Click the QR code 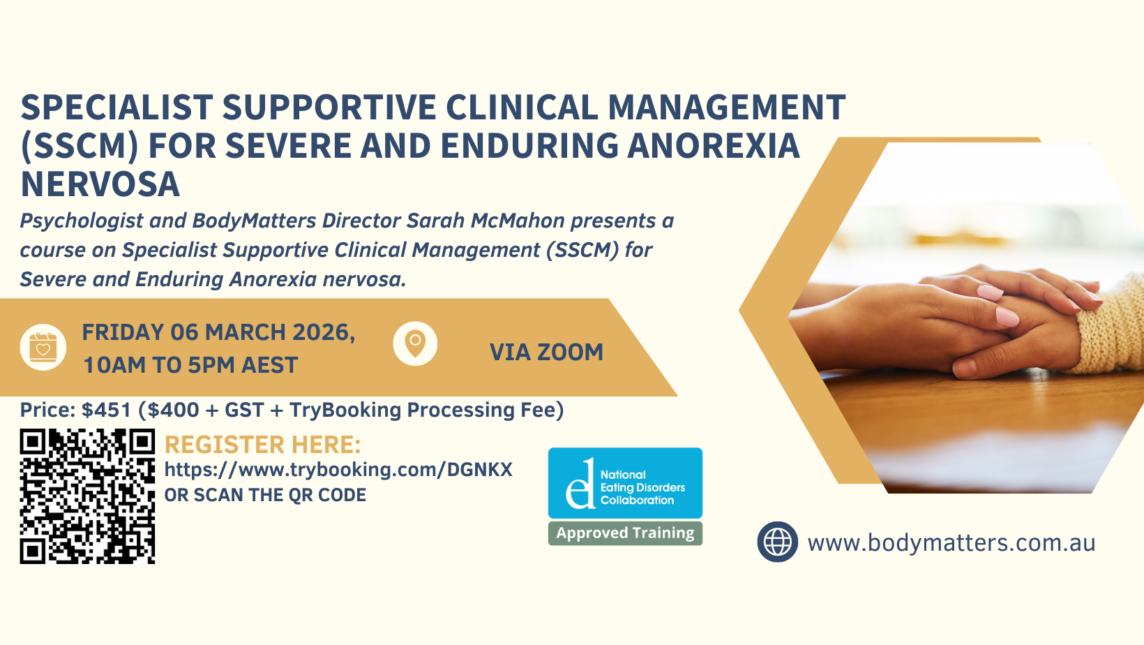click(87, 496)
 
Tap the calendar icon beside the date click(43, 348)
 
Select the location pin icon click(415, 343)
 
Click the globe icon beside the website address click(777, 542)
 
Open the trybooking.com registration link click(338, 470)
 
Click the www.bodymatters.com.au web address click(951, 543)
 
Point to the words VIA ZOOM click(546, 352)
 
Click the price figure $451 click(106, 410)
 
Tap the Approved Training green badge click(625, 533)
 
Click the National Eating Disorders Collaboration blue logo click(625, 483)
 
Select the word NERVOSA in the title click(100, 184)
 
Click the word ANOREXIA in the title click(713, 146)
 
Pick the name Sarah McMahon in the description click(486, 221)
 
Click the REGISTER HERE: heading click(262, 445)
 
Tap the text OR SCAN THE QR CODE click(265, 495)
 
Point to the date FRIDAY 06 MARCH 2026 click(218, 333)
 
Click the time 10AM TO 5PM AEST click(190, 366)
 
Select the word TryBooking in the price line click(345, 410)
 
